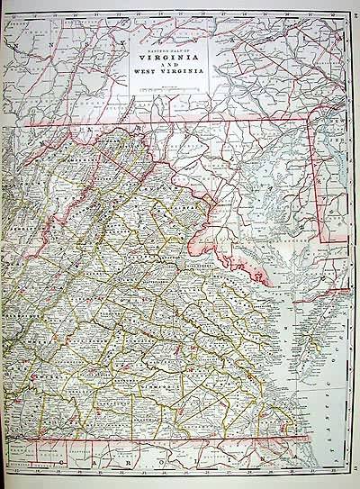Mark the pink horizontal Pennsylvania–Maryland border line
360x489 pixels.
(180, 120)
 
